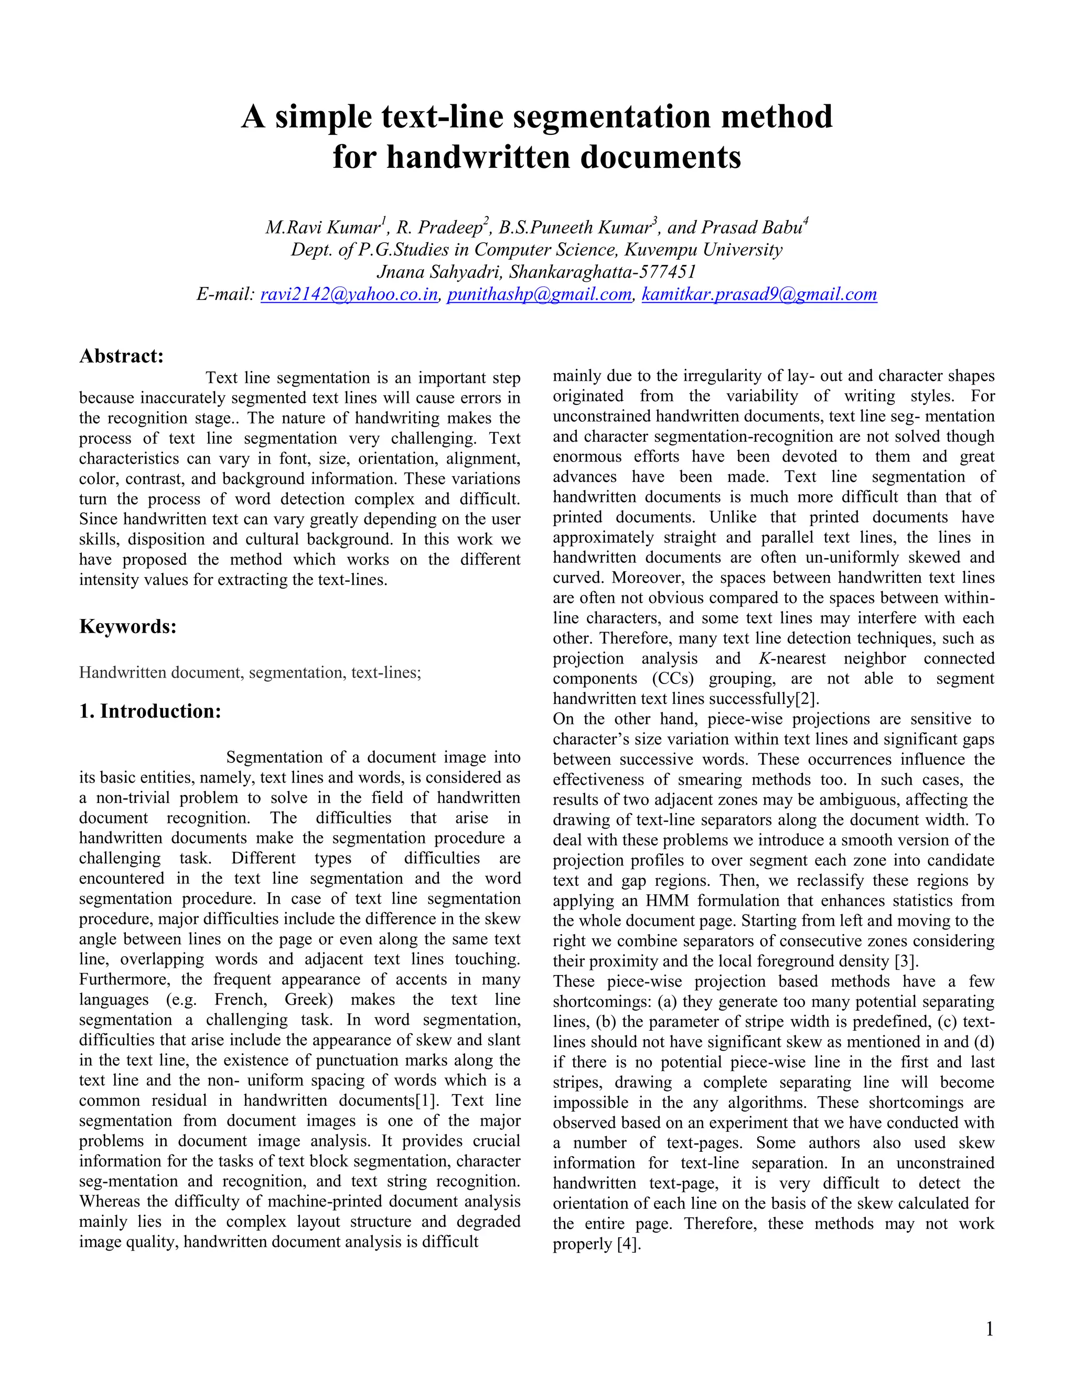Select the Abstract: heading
(x=122, y=356)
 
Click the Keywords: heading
(x=128, y=626)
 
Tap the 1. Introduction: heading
(x=150, y=711)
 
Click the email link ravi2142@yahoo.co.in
(x=349, y=294)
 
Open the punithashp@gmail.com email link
(x=539, y=294)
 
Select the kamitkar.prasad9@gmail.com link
(x=759, y=294)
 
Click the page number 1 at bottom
(x=989, y=1329)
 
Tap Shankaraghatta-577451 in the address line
(x=602, y=272)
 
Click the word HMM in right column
(x=667, y=901)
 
